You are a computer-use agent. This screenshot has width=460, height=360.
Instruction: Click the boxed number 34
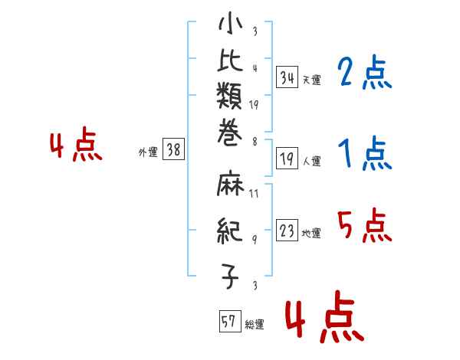pyautogui.click(x=287, y=77)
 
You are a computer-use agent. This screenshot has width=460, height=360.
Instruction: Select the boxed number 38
pyautogui.click(x=173, y=151)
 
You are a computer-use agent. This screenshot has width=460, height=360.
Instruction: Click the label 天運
pyautogui.click(x=311, y=80)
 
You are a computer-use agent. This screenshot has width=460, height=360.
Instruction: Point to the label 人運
pyautogui.click(x=311, y=162)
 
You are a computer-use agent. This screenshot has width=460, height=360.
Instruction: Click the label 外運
pyautogui.click(x=147, y=152)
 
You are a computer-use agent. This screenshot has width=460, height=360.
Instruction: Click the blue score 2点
pyautogui.click(x=364, y=74)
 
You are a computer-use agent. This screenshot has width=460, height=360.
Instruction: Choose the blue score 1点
pyautogui.click(x=364, y=155)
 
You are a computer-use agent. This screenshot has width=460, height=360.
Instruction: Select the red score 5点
pyautogui.click(x=364, y=225)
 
